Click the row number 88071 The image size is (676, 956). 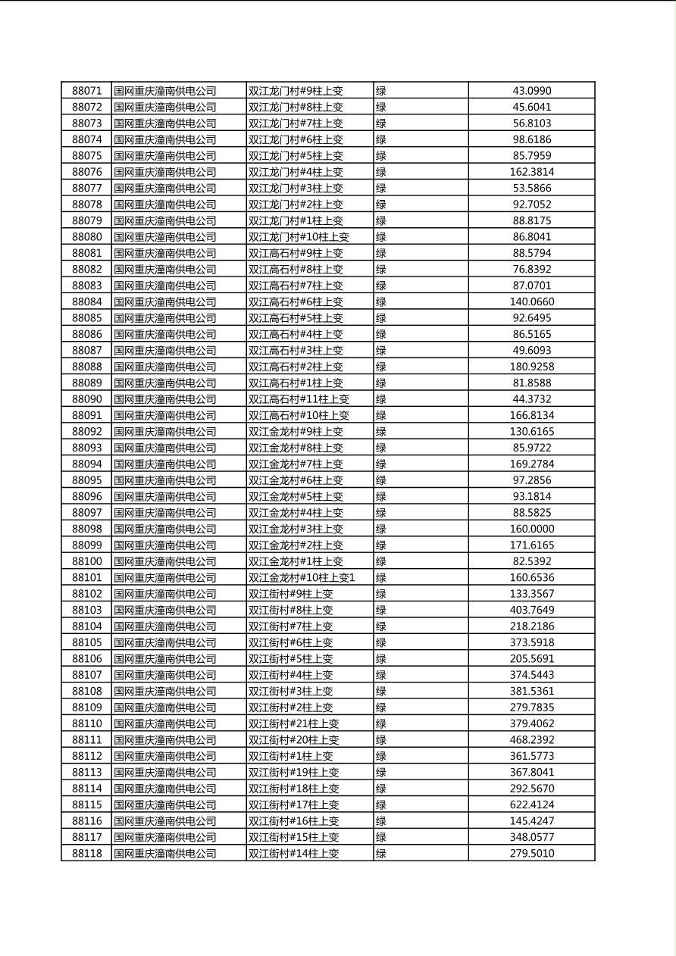[x=86, y=91]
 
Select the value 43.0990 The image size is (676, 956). [x=532, y=91]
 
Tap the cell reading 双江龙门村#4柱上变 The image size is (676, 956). [x=296, y=172]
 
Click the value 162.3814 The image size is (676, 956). [x=532, y=172]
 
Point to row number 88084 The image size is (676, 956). [x=86, y=301]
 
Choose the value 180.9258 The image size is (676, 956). [x=532, y=367]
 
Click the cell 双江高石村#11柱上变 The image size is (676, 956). [x=299, y=399]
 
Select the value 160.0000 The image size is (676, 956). [x=532, y=529]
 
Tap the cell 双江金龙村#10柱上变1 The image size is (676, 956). [x=302, y=578]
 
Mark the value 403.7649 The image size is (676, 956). [x=532, y=610]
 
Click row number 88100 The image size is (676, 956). [x=86, y=561]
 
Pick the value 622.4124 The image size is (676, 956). [x=532, y=804]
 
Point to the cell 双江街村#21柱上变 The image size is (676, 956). [x=293, y=723]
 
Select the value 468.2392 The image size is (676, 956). [x=532, y=740]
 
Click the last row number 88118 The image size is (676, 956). [x=86, y=853]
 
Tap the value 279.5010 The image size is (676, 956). [x=532, y=853]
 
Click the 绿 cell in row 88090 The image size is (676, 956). [x=381, y=399]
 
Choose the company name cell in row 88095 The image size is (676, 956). [x=165, y=480]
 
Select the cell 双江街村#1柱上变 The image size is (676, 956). [x=290, y=756]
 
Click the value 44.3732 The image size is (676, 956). [x=532, y=399]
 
